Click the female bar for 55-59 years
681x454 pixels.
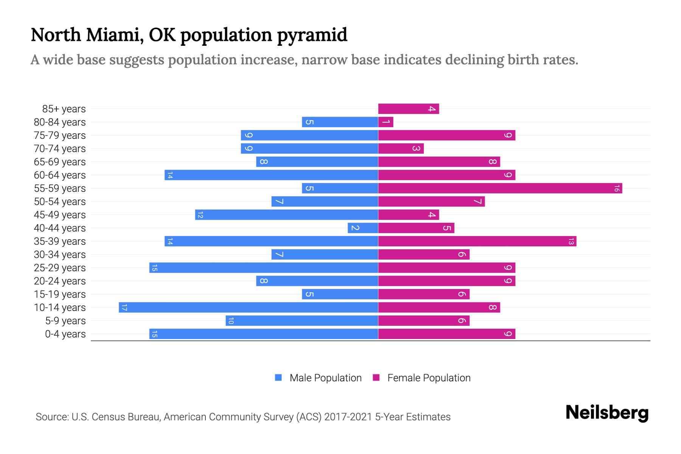(500, 188)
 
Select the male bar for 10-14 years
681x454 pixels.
(249, 307)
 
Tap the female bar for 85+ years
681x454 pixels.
(409, 109)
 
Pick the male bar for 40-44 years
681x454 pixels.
(363, 228)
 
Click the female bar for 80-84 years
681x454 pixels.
(386, 122)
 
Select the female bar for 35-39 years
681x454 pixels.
(477, 241)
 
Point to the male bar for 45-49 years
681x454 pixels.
(286, 215)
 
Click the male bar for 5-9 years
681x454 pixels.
(302, 320)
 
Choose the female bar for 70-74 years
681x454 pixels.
(401, 148)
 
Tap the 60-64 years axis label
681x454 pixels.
(60, 175)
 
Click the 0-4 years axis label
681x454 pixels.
(65, 334)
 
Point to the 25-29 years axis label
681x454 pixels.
(60, 268)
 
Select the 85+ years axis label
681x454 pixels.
(64, 109)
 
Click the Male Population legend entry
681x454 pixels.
(325, 378)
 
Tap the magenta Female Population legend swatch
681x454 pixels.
(376, 378)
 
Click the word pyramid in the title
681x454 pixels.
(312, 35)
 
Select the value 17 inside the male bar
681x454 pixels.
(124, 308)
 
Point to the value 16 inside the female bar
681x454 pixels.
(616, 188)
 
